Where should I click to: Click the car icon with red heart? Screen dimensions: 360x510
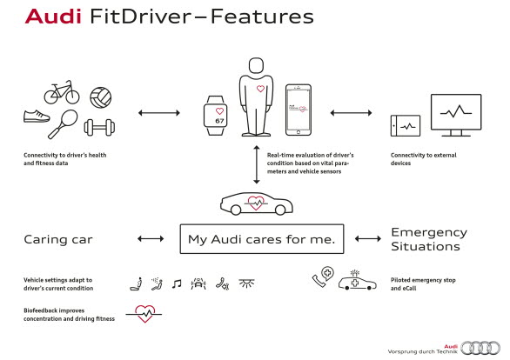pyautogui.click(x=254, y=203)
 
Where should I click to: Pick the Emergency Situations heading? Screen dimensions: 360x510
pyautogui.click(x=428, y=239)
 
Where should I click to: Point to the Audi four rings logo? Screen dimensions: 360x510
pyautogui.click(x=480, y=347)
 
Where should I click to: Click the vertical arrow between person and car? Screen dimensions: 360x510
pyautogui.click(x=256, y=166)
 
